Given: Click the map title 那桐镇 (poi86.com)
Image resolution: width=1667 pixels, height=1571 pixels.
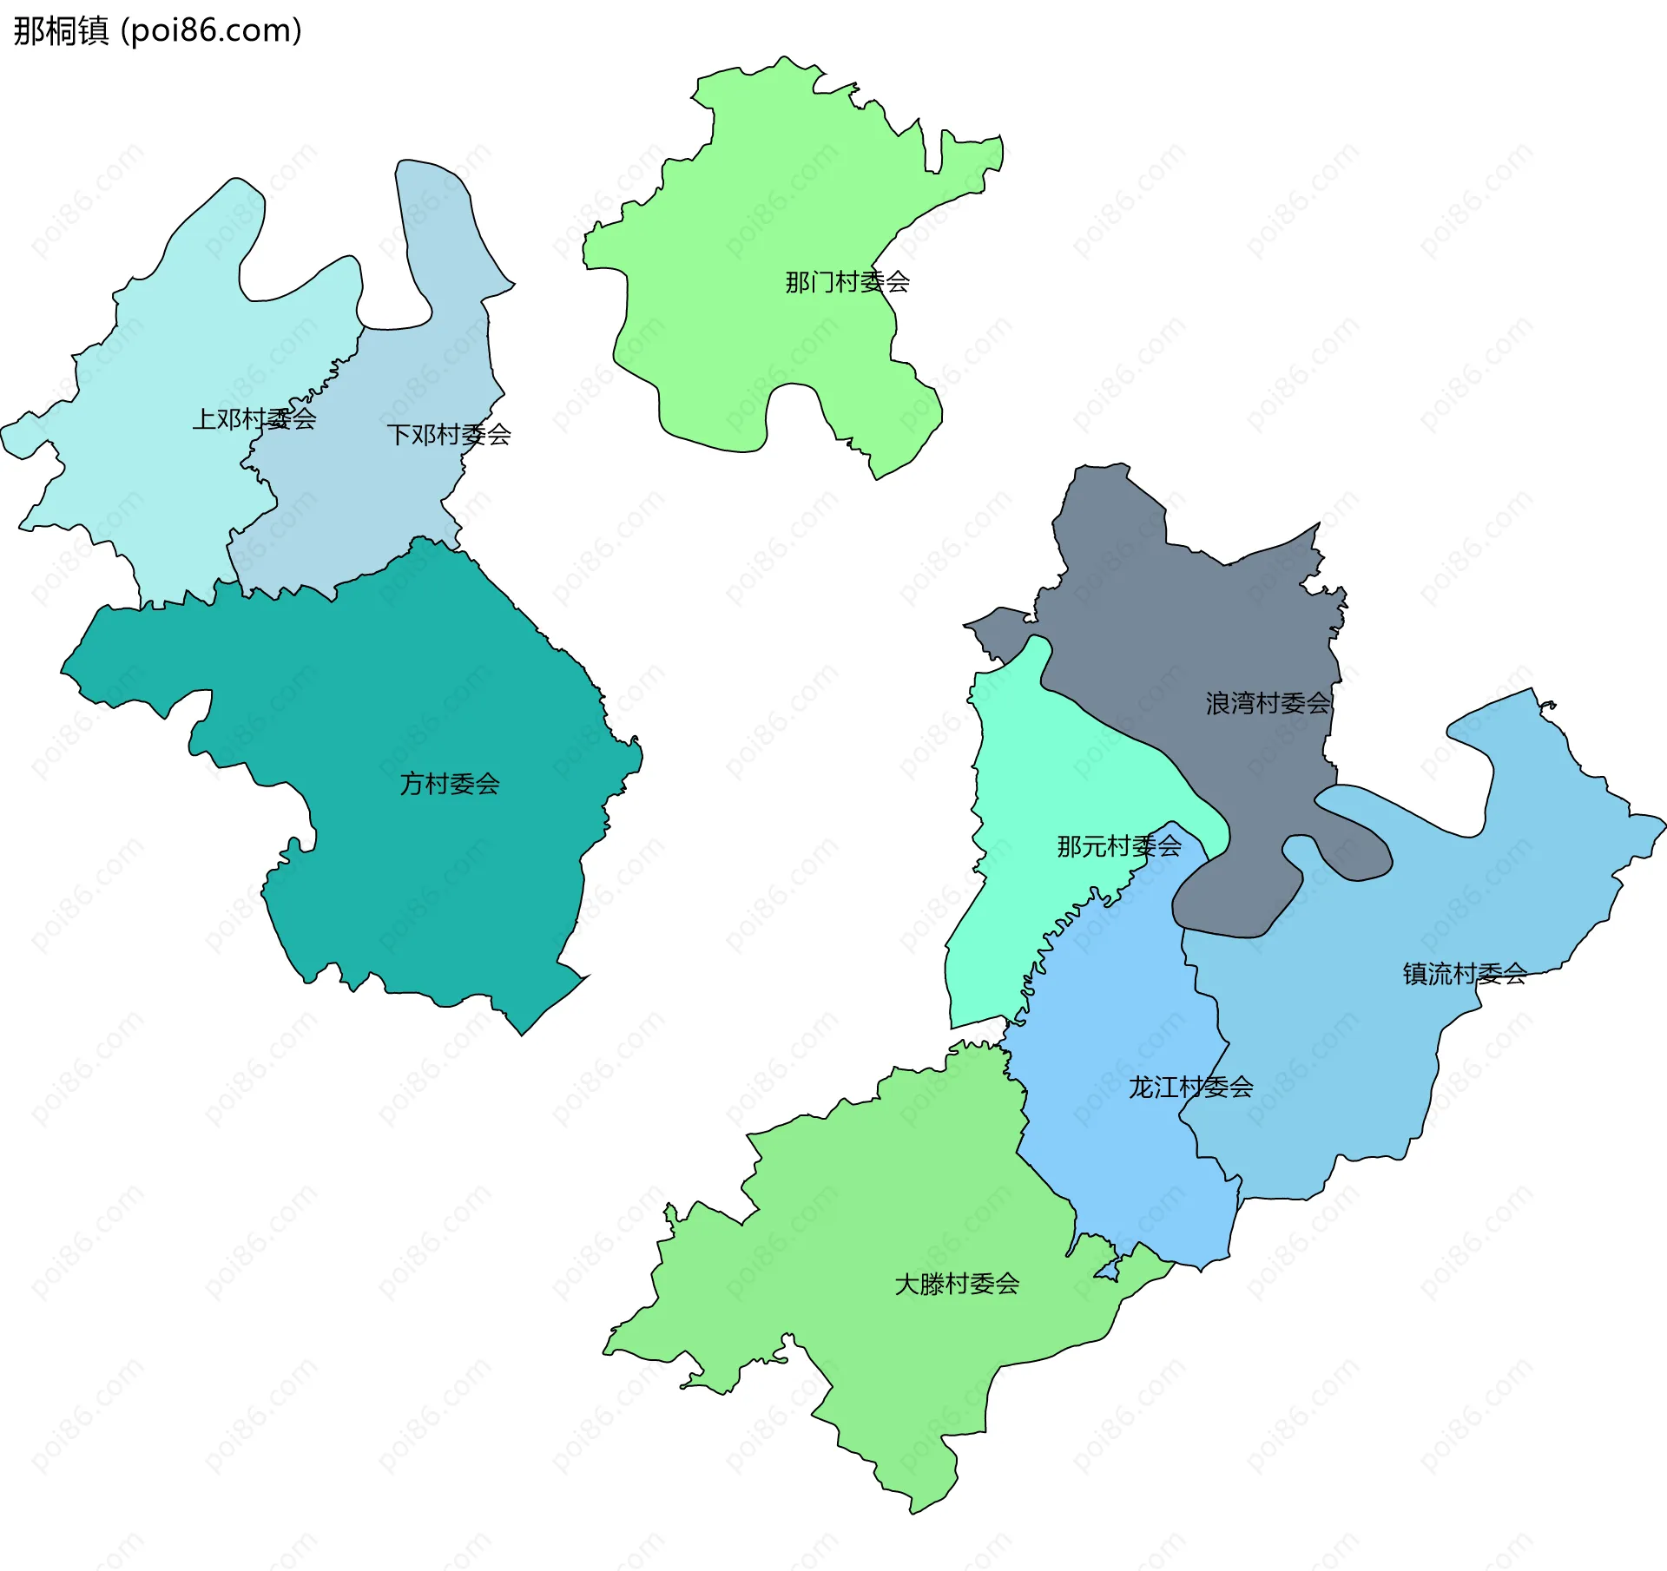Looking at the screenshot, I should pyautogui.click(x=158, y=31).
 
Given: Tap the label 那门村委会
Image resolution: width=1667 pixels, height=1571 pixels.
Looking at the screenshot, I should pyautogui.click(x=847, y=282).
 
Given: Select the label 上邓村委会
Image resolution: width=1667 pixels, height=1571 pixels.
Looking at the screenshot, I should pyautogui.click(x=254, y=419).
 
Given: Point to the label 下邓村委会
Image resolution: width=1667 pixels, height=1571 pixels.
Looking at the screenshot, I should pyautogui.click(x=448, y=434).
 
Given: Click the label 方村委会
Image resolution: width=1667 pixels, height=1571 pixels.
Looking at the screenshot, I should pyautogui.click(x=449, y=784).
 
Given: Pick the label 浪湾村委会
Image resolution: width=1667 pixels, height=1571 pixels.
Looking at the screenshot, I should pyautogui.click(x=1267, y=703).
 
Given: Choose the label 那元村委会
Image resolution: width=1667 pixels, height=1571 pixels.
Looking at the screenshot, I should pyautogui.click(x=1118, y=845).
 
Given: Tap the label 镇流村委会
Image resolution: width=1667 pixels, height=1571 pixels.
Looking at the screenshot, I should pyautogui.click(x=1464, y=974).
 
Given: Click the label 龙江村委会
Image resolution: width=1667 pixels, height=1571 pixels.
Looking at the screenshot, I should pyautogui.click(x=1189, y=1087).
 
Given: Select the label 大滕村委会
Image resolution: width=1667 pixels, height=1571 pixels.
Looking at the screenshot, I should pyautogui.click(x=956, y=1284).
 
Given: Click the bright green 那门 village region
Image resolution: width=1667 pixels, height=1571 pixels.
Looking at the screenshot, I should pyautogui.click(x=764, y=217).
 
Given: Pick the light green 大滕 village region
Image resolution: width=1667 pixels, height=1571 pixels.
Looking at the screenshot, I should pyautogui.click(x=868, y=1215).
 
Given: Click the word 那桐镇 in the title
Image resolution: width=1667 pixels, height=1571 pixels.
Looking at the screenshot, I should pyautogui.click(x=61, y=31).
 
